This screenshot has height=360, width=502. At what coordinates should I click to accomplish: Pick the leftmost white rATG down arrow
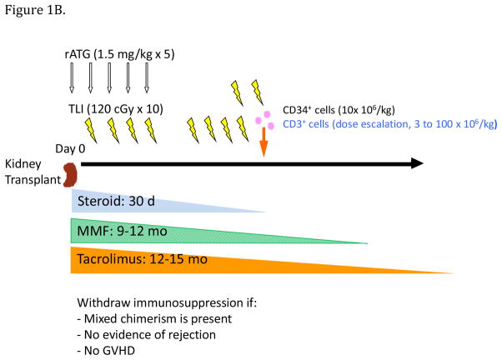click(x=71, y=81)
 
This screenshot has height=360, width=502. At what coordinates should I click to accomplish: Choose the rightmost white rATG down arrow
click(x=147, y=81)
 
